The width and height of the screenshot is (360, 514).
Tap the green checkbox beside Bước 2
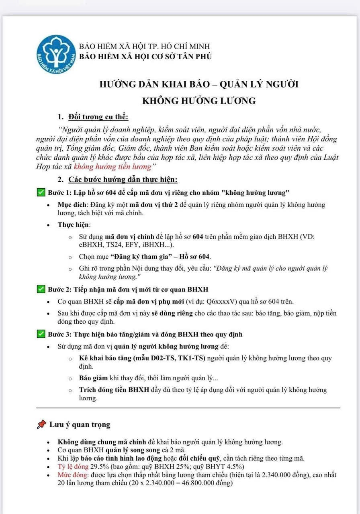[41, 290]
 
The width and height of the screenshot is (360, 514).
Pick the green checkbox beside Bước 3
[41, 334]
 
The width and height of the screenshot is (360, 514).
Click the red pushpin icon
[41, 424]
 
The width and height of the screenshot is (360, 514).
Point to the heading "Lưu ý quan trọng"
[80, 424]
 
